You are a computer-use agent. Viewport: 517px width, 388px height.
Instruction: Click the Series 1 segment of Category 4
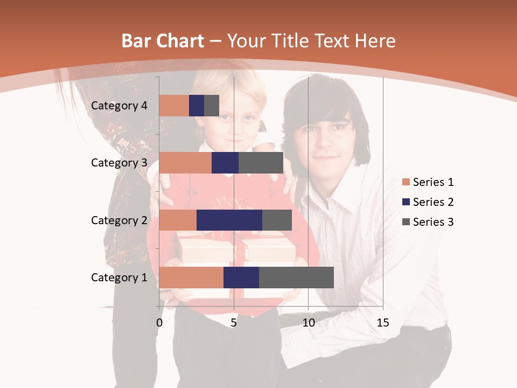click(174, 106)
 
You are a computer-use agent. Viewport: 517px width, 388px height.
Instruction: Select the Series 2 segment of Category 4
click(197, 106)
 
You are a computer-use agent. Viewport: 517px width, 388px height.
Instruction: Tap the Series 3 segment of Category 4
click(212, 106)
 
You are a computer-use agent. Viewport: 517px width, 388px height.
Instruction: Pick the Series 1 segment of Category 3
click(185, 163)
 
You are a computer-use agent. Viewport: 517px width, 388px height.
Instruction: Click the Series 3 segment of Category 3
click(261, 163)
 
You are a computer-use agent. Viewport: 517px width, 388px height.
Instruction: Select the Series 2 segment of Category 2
click(229, 220)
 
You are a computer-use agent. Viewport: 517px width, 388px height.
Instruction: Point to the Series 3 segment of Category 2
click(277, 220)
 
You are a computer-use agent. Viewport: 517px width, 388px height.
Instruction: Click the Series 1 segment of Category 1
click(191, 278)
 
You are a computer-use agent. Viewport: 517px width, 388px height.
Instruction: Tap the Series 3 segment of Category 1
click(296, 278)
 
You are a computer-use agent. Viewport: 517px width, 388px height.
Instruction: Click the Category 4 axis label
click(119, 106)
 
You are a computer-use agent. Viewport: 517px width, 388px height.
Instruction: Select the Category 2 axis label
click(119, 220)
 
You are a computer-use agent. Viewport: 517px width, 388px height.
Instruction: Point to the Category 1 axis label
click(119, 278)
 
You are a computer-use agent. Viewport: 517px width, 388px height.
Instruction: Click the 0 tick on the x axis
click(159, 323)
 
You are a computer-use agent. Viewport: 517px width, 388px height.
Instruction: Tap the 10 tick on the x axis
click(308, 323)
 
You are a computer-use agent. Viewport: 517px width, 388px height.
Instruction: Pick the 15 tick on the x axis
click(382, 323)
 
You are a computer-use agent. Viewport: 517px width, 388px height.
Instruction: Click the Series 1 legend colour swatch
click(406, 182)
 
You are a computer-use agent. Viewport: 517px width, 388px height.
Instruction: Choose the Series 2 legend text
click(433, 202)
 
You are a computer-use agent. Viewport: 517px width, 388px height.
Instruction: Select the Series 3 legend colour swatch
click(406, 222)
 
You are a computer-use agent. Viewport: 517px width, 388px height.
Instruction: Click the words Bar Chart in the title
click(162, 41)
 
